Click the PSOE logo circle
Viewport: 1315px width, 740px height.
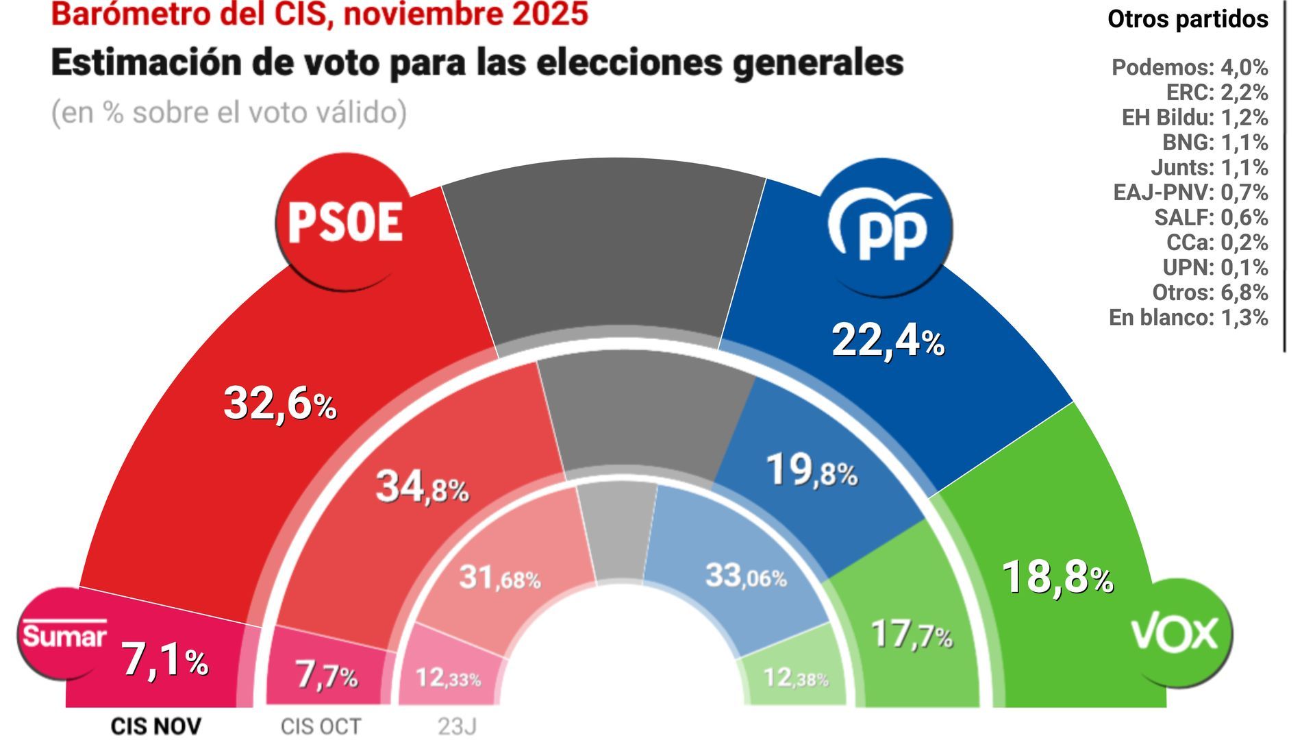[x=345, y=222]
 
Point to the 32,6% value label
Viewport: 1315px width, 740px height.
[x=279, y=404]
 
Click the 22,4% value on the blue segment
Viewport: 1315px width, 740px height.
[x=888, y=341]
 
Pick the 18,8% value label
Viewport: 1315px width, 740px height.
[x=1057, y=577]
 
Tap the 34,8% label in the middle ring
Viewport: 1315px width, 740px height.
[x=422, y=488]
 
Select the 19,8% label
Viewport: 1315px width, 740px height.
[x=811, y=471]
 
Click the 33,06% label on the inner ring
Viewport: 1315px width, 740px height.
[x=745, y=576]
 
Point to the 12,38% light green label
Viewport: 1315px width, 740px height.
[x=795, y=678]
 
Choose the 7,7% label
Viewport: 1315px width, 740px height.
[x=326, y=676]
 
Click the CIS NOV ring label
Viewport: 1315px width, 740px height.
[x=156, y=726]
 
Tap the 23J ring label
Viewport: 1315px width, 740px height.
[x=457, y=726]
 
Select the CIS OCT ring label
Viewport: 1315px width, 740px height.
[x=321, y=726]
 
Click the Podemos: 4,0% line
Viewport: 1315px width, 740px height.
[x=1189, y=67]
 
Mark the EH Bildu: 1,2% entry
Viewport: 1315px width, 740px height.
[x=1194, y=117]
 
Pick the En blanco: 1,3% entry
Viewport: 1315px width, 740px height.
[x=1188, y=317]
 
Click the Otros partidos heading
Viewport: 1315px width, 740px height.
[x=1188, y=19]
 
